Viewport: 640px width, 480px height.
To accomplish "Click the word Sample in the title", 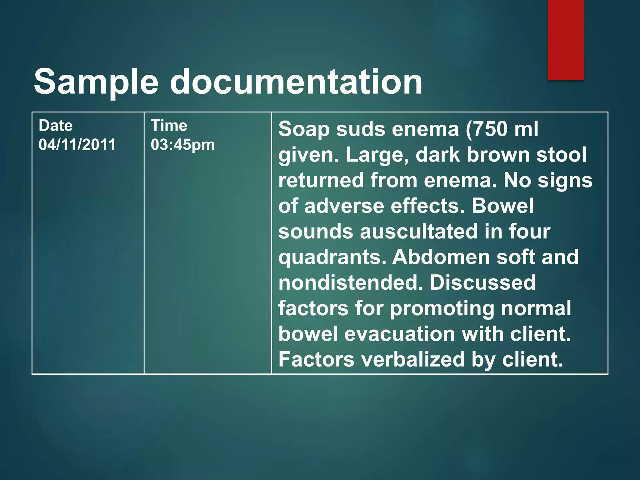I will (x=96, y=82).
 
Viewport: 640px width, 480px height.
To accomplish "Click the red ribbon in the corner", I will (x=566, y=40).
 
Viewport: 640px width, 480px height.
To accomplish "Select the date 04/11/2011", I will (x=77, y=145).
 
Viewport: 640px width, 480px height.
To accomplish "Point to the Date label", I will (x=56, y=126).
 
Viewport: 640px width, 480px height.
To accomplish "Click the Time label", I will (x=169, y=126).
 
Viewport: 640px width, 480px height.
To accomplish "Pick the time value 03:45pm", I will (x=183, y=145).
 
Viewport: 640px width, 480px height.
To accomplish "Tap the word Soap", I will (x=304, y=129).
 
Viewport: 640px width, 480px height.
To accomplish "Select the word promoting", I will (x=442, y=308).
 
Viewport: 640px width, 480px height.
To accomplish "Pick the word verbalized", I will (x=413, y=359).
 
